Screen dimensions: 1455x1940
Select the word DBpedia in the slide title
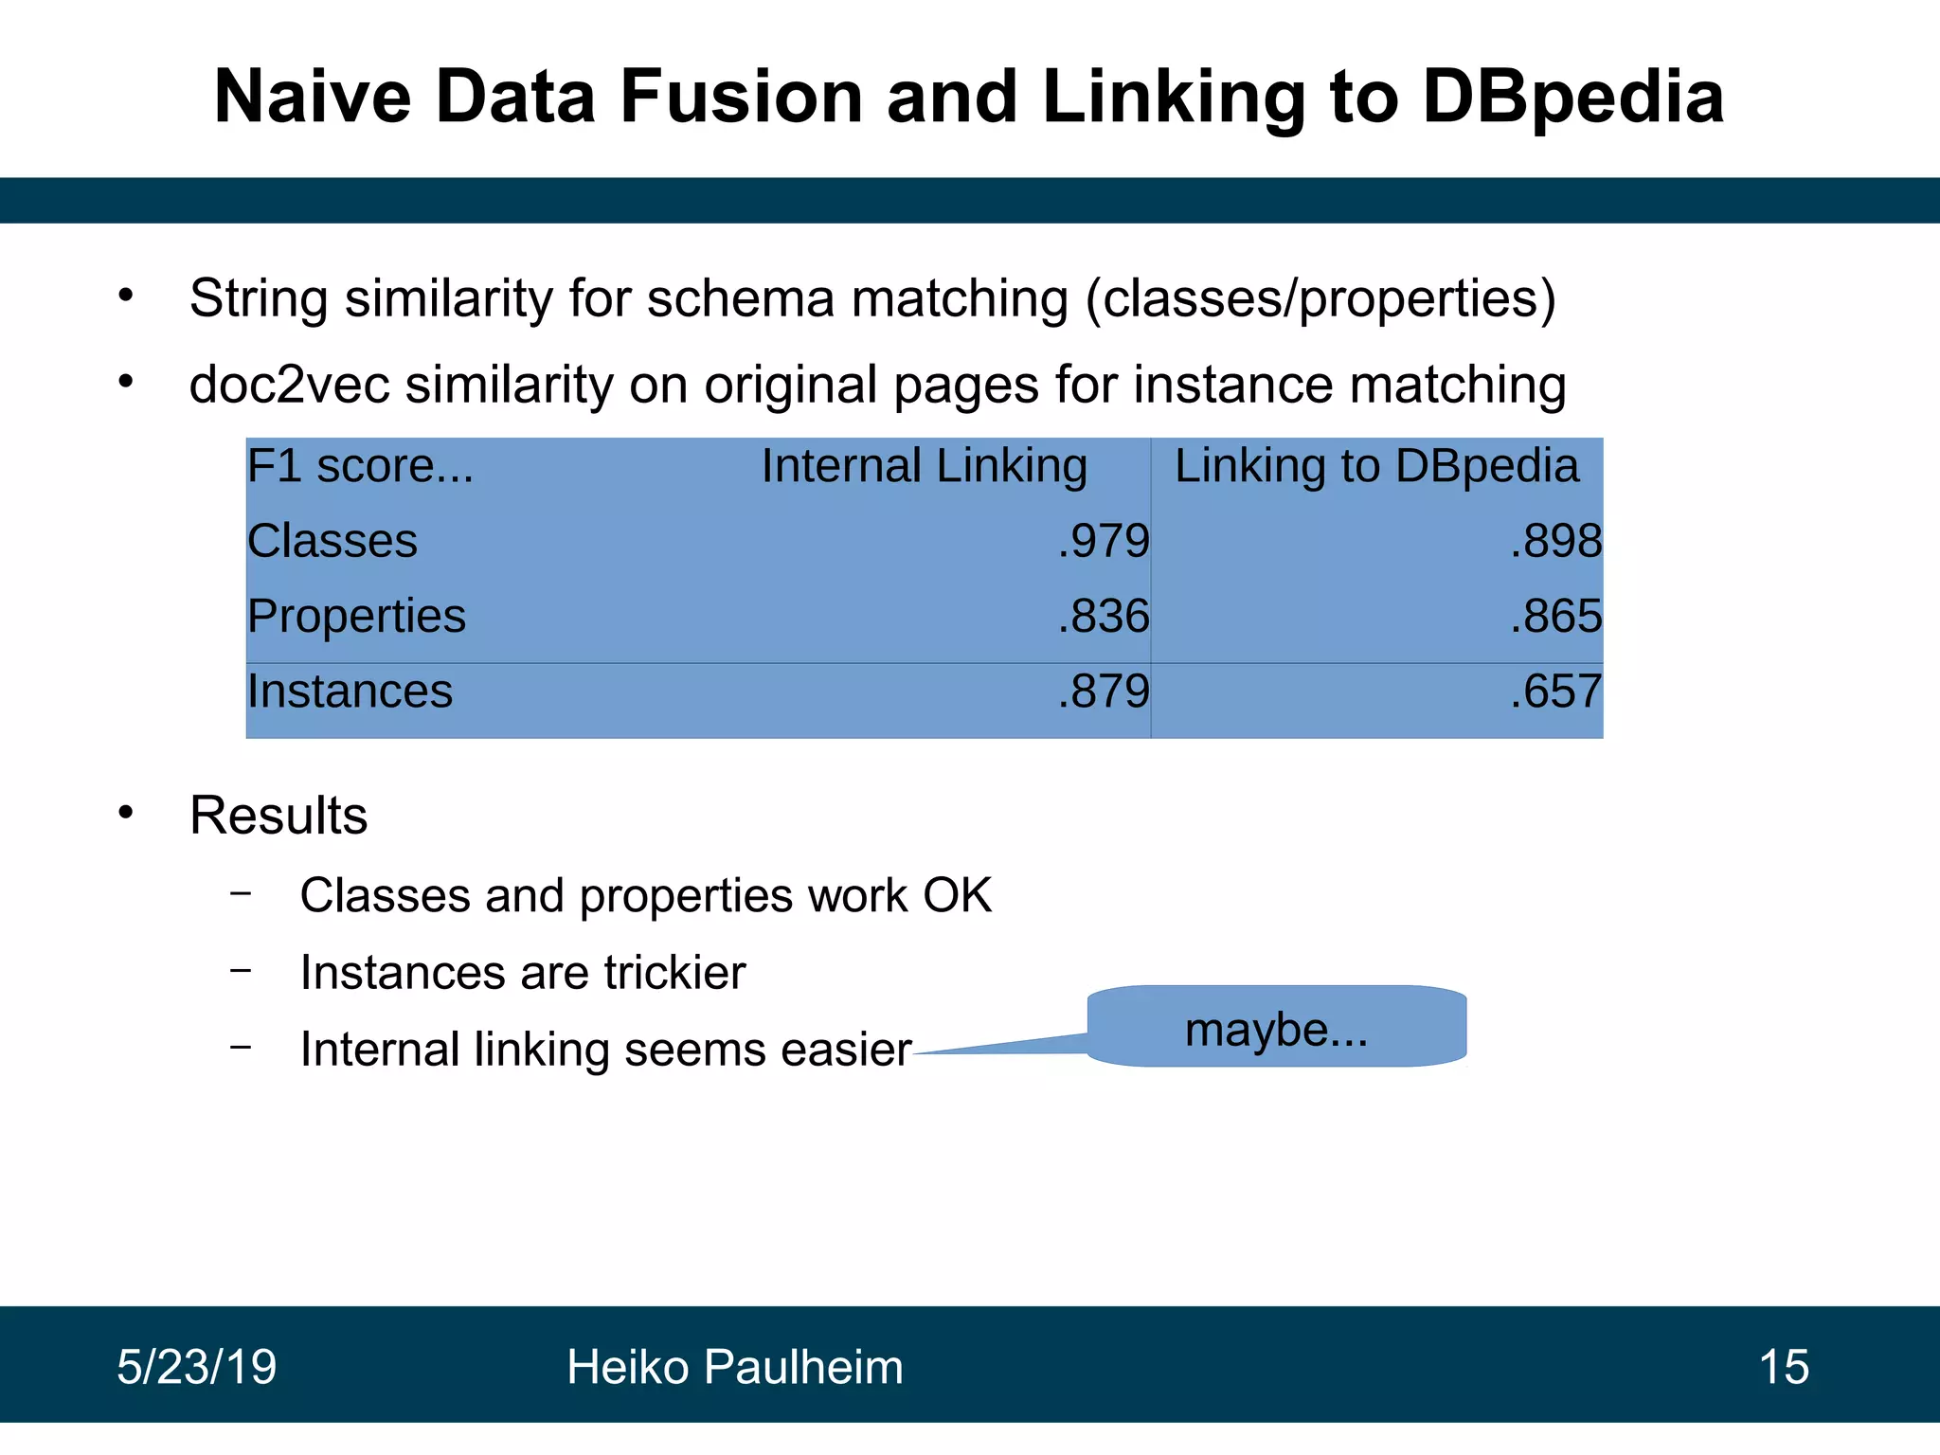[1572, 97]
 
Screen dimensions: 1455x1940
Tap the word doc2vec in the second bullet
[289, 386]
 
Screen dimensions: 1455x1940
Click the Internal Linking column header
[924, 466]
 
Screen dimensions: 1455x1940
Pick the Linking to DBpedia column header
[1376, 466]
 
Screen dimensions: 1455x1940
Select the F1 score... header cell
[360, 466]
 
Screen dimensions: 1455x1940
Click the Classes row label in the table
[332, 541]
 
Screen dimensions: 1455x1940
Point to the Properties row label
[356, 616]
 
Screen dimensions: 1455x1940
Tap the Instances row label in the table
[350, 691]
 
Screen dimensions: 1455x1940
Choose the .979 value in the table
[1104, 541]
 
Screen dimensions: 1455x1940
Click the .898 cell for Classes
[1556, 541]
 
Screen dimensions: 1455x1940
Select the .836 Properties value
[1104, 616]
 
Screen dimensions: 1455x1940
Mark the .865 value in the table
[1556, 616]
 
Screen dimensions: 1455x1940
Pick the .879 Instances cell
[1104, 691]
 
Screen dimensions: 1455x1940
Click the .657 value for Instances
[1556, 691]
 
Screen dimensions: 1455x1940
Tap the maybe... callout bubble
[1276, 1028]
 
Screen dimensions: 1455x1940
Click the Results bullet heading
[278, 816]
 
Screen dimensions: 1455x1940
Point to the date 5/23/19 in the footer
[196, 1367]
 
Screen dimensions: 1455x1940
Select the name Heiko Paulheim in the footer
[734, 1367]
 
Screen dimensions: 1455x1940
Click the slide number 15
[1783, 1367]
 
